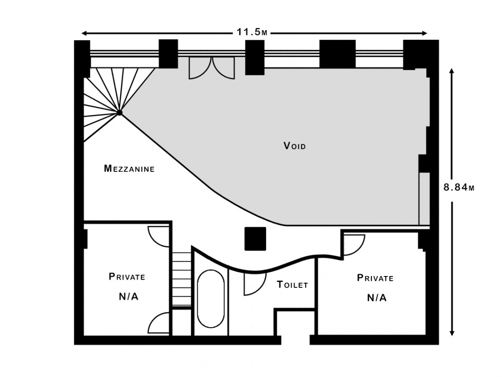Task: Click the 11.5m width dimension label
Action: point(251,32)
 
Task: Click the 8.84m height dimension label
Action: point(459,187)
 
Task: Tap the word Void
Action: point(294,146)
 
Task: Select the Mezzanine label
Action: point(129,168)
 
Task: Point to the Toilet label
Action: point(292,284)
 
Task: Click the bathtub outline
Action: point(211,299)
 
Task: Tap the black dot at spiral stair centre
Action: point(120,112)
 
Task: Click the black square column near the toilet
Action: point(255,239)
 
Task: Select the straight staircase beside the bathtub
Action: point(182,279)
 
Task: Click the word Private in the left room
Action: point(127,276)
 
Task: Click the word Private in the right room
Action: point(375,278)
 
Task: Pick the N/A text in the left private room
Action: point(128,297)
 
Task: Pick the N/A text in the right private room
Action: point(376,298)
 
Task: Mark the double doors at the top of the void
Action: point(212,68)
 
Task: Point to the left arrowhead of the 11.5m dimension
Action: point(84,33)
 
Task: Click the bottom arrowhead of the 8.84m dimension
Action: point(452,333)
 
